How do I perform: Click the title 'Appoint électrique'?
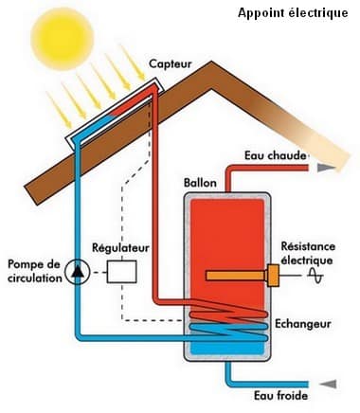(x=293, y=13)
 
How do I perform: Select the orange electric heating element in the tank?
(x=237, y=276)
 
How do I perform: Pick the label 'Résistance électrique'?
(x=308, y=252)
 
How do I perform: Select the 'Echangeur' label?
(x=302, y=323)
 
